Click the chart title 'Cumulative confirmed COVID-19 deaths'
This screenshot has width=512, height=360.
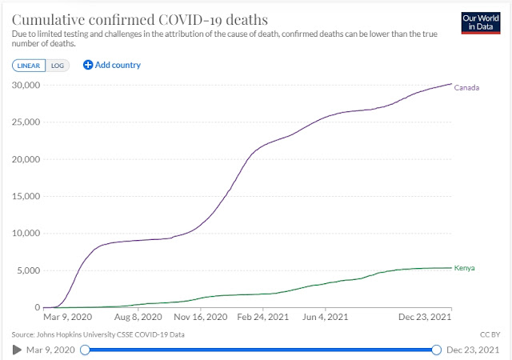140,18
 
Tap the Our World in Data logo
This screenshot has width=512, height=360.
480,22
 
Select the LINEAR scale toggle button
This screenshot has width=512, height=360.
30,65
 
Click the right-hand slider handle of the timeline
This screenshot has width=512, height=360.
436,350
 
